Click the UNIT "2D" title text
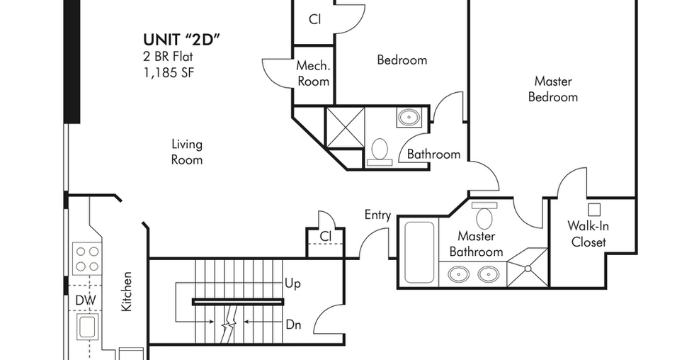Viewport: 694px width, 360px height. click(x=181, y=40)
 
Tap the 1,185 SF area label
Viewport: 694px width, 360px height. click(x=169, y=72)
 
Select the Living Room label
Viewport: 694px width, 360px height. click(x=187, y=152)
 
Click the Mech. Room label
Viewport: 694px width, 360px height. click(x=313, y=74)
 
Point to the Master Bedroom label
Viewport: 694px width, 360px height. click(x=553, y=89)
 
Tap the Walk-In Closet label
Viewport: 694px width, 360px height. click(x=588, y=234)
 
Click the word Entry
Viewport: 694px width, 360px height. click(x=377, y=215)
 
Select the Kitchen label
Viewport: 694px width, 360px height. click(x=127, y=291)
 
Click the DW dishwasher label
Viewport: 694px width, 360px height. click(x=86, y=300)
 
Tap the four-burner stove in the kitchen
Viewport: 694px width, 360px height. click(x=87, y=258)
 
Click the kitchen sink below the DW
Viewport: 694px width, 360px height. click(x=88, y=327)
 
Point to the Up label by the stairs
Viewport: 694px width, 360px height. click(x=292, y=283)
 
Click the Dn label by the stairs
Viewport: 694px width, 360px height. click(x=293, y=325)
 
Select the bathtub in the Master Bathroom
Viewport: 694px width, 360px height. click(x=419, y=252)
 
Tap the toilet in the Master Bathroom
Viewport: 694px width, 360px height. click(x=484, y=215)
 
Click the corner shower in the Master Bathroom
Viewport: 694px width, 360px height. click(x=528, y=267)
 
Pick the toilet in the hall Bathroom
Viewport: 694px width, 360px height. click(x=380, y=152)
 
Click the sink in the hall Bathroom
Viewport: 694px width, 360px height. click(x=409, y=118)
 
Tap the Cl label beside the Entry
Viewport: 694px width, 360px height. click(x=325, y=236)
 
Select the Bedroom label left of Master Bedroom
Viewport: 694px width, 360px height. click(x=402, y=60)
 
